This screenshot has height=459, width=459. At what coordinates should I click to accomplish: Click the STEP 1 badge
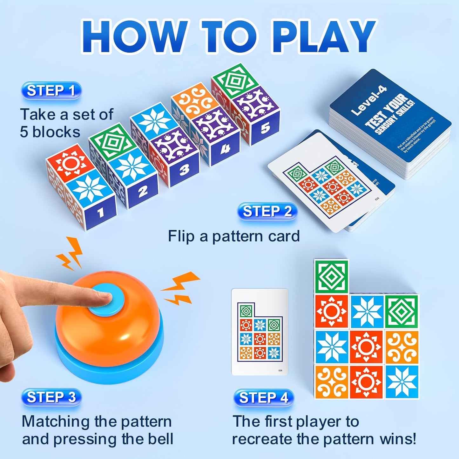[x=51, y=91]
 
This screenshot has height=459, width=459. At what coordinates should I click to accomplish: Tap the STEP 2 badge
[x=267, y=212]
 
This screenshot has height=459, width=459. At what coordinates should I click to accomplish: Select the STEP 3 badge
[x=51, y=397]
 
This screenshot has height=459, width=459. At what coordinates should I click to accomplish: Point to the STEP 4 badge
[x=263, y=398]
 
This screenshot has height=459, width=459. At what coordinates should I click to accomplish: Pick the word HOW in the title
[x=133, y=37]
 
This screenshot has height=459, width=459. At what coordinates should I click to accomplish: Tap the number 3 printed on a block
[x=184, y=170]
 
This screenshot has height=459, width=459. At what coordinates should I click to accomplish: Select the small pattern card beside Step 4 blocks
[x=260, y=332]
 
